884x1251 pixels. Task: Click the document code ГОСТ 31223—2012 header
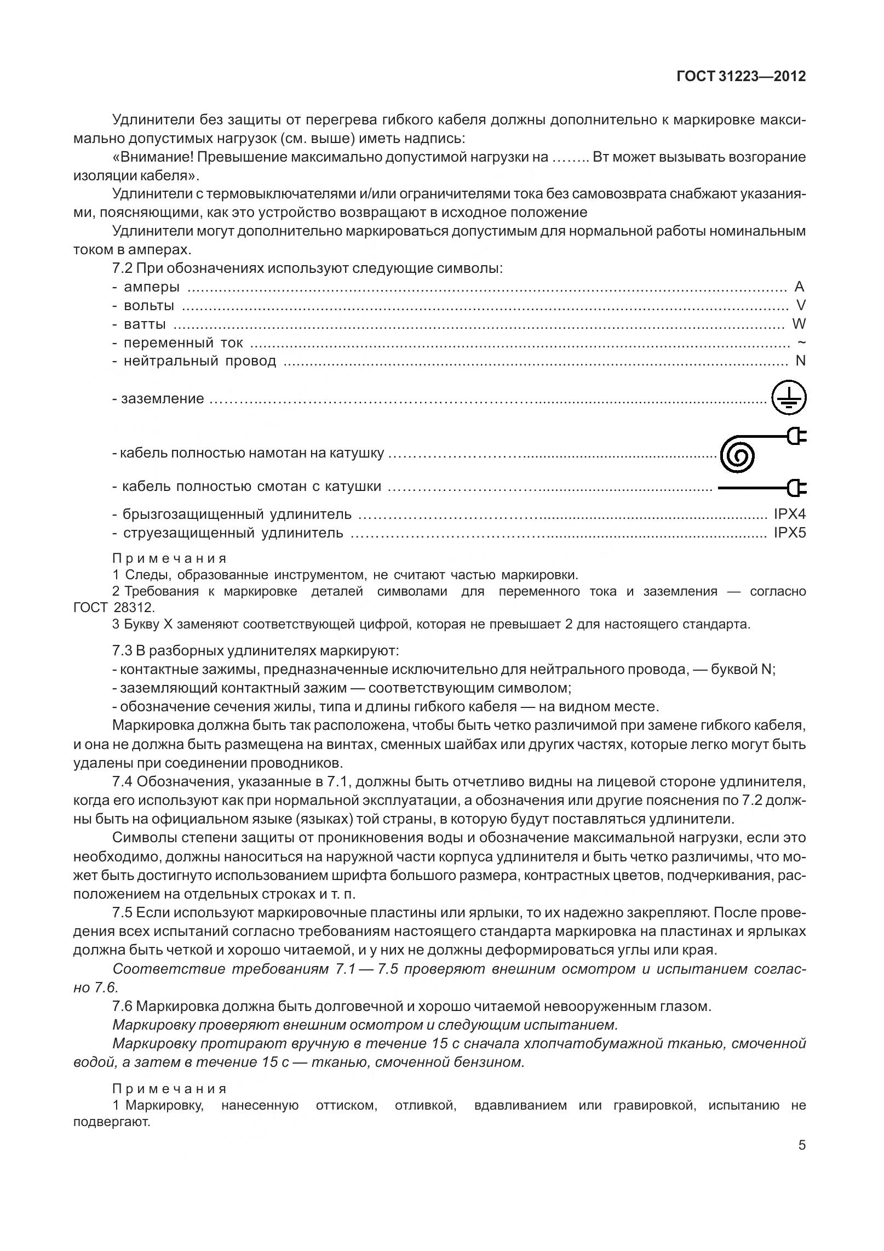pos(741,77)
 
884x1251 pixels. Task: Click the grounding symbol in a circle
pos(789,398)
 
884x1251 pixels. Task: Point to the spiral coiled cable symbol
pos(738,454)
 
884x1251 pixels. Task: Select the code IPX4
pos(789,514)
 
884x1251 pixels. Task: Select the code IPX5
pos(789,533)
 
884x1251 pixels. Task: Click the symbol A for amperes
pos(799,287)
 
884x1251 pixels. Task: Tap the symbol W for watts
pos(799,324)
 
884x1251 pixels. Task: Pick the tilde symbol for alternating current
pos(801,342)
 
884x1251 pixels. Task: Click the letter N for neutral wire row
pos(801,361)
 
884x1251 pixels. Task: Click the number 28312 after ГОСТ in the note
pos(135,608)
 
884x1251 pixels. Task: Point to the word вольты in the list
pos(149,305)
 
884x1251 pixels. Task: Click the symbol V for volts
pos(801,305)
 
